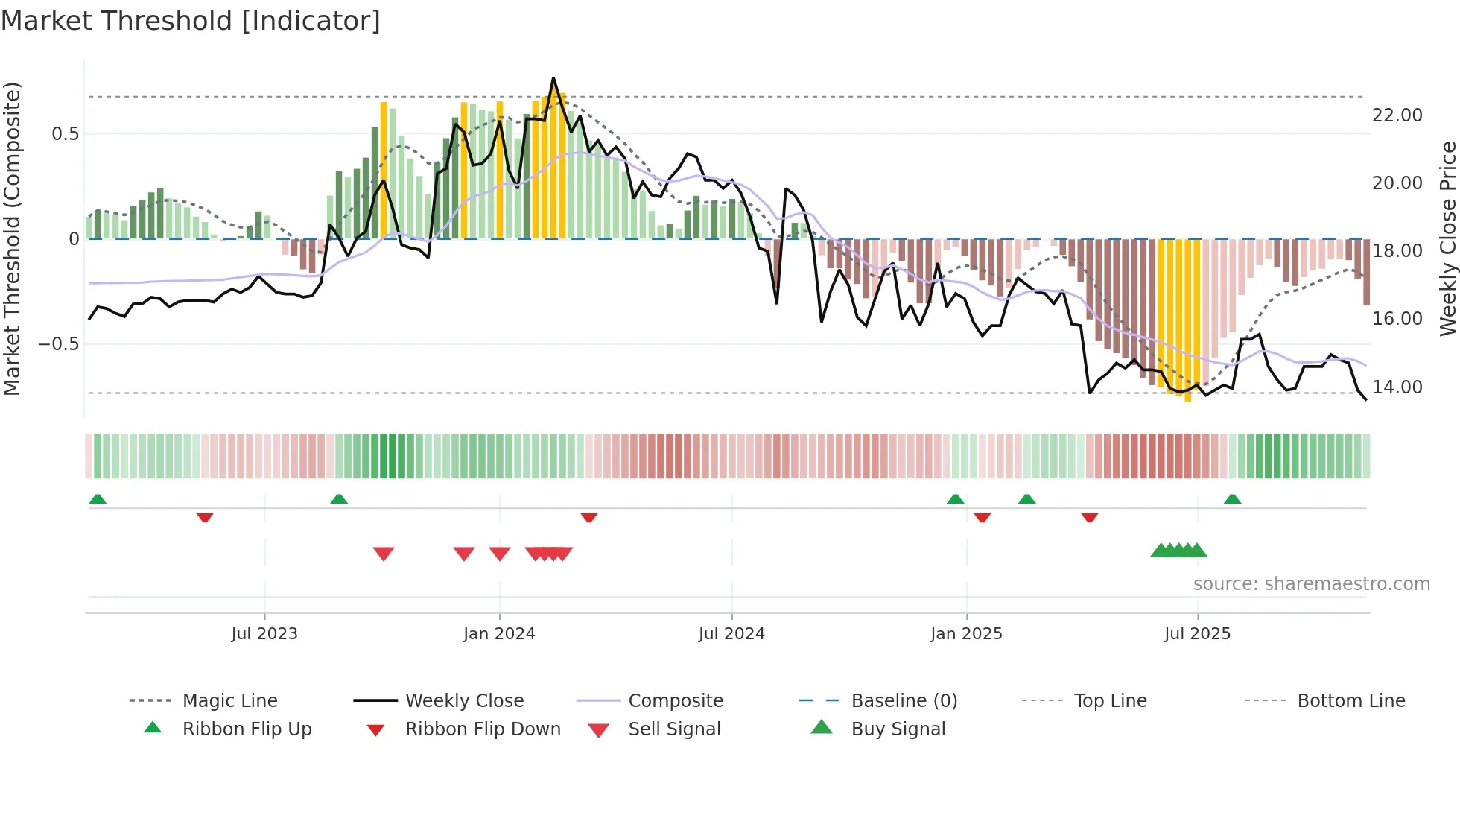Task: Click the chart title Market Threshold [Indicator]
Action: tap(191, 21)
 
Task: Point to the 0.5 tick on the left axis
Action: tap(65, 134)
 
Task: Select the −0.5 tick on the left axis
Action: tap(59, 344)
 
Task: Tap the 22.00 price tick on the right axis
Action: tap(1397, 115)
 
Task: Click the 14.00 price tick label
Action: tap(1397, 387)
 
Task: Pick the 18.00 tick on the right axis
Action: tap(1397, 251)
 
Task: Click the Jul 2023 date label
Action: tap(264, 634)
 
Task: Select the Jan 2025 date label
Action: tap(966, 634)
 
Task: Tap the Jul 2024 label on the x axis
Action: tap(731, 634)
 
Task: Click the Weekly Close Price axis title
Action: tap(1447, 238)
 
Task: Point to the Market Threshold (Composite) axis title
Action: tap(12, 238)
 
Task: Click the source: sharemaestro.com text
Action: tap(1311, 584)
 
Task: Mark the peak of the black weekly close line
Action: tap(553, 78)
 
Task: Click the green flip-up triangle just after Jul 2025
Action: tap(1232, 499)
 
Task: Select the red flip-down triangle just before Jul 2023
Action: tap(205, 517)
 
